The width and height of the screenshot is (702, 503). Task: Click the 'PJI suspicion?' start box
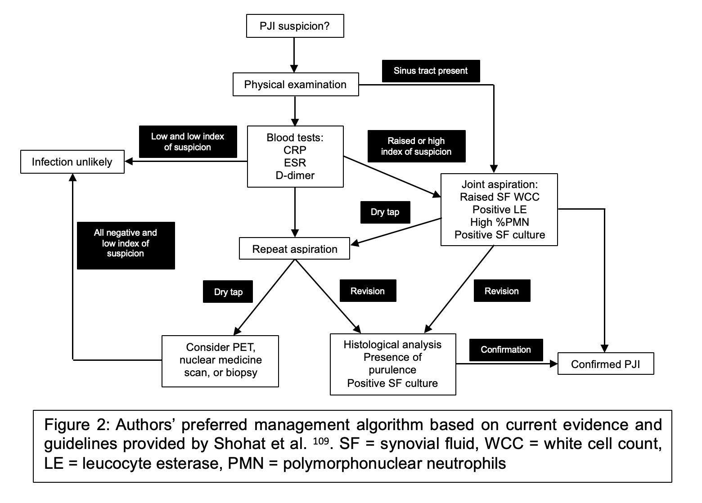coord(295,26)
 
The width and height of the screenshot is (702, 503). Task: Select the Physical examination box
coord(295,85)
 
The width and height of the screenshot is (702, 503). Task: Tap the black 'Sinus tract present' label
coord(430,71)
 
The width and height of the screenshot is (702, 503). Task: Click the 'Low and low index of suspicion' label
coord(188,142)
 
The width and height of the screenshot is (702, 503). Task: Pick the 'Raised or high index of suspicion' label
coord(416,146)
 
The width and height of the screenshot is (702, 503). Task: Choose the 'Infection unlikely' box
coord(72,162)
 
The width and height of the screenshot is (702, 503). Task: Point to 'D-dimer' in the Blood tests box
coord(295,175)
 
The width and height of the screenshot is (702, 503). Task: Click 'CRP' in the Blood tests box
coord(295,150)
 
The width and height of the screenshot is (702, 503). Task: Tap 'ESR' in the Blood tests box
coord(295,163)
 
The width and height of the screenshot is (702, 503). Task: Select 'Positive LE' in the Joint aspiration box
coord(499,210)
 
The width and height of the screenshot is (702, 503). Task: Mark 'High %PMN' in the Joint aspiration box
coord(499,222)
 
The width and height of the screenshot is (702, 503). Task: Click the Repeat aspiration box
coord(295,249)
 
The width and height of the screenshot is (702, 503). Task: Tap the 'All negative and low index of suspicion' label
coord(126,243)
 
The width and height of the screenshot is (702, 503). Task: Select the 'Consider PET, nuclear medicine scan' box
coord(220,360)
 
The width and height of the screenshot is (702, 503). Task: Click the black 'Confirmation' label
coord(506,350)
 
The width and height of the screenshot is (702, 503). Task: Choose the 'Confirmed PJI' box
coord(605,364)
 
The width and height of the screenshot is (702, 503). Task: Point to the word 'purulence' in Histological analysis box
coord(392,370)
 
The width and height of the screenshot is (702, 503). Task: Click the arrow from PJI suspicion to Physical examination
coord(294,55)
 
